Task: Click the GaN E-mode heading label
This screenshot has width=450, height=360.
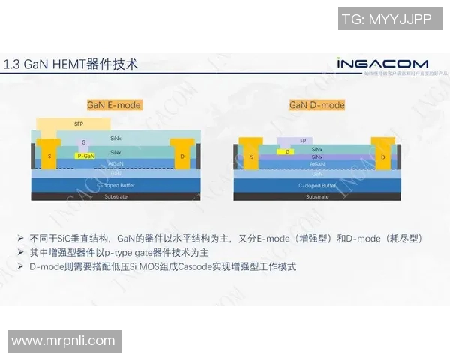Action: [114, 105]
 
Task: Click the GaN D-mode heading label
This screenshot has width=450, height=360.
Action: [317, 105]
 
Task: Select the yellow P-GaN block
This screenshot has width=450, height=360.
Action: [86, 156]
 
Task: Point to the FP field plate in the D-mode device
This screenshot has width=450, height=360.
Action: [302, 140]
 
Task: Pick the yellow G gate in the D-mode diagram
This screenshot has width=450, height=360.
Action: [288, 151]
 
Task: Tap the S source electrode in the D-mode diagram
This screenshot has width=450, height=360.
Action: [252, 157]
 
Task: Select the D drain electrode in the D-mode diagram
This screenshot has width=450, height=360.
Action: [382, 157]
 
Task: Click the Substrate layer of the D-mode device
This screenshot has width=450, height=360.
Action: [317, 196]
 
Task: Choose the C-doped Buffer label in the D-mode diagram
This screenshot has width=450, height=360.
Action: [317, 184]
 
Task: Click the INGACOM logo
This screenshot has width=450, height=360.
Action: [382, 64]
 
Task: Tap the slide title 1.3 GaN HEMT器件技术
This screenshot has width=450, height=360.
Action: [71, 64]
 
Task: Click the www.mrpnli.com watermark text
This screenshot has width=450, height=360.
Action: [63, 341]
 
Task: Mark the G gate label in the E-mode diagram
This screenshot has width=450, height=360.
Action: [84, 142]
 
